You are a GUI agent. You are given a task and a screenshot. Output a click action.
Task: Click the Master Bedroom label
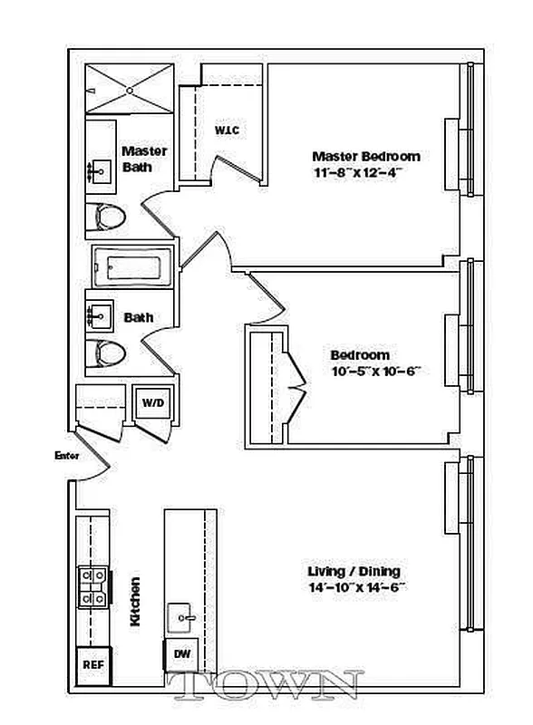pos(365,156)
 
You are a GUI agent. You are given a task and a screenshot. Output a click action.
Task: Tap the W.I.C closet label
pos(227,130)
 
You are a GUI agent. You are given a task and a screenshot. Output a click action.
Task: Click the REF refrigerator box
pos(92,663)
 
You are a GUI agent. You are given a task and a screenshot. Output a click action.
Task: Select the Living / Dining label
pos(354,571)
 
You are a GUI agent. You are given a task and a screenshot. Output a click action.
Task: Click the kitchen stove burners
pos(92,585)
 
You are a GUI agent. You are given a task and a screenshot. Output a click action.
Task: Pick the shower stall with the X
pos(131,90)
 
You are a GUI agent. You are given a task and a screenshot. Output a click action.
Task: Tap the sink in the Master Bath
pos(100,169)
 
